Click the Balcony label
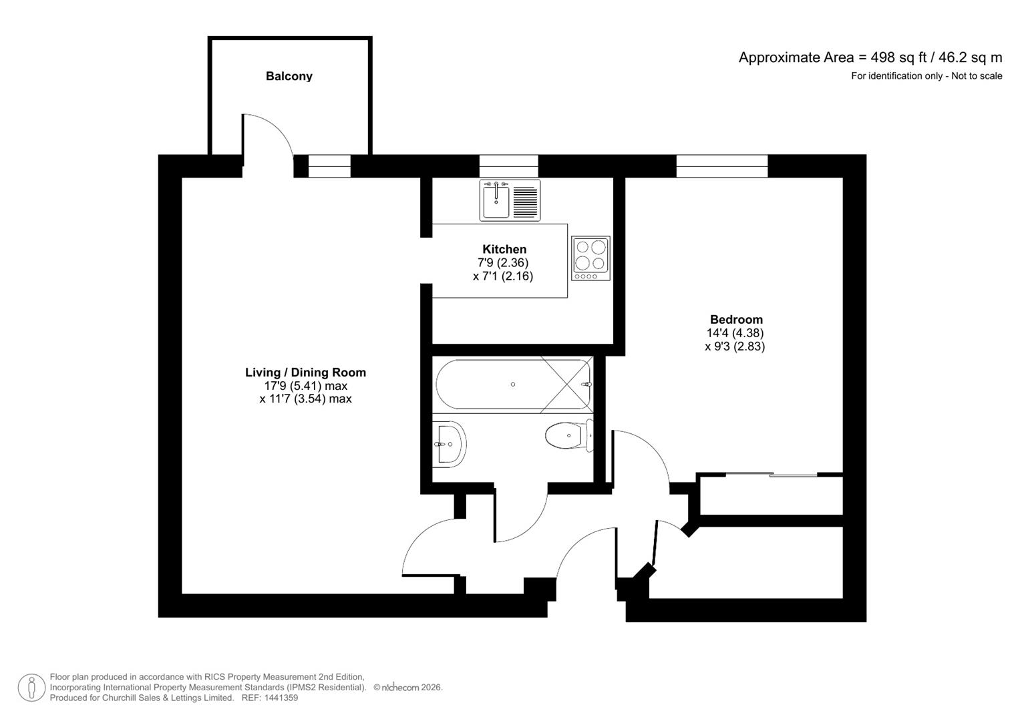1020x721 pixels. point(289,76)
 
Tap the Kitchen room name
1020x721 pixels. point(504,249)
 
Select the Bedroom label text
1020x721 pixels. point(735,319)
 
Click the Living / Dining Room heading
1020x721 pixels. point(305,373)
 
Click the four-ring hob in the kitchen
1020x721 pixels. point(590,258)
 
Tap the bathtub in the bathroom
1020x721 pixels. point(512,385)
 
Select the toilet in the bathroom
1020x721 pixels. point(567,436)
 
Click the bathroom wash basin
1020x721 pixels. point(449,444)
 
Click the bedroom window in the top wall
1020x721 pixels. point(721,166)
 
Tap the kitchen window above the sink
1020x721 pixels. point(508,166)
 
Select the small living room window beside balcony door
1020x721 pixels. point(329,166)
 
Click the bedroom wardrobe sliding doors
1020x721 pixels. point(771,475)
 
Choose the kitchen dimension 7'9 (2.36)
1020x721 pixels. point(502,262)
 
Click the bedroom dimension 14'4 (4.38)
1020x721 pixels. point(735,332)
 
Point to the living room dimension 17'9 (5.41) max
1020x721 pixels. point(305,386)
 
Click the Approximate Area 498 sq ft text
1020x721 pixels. point(870,57)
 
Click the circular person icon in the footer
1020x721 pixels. point(31,688)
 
